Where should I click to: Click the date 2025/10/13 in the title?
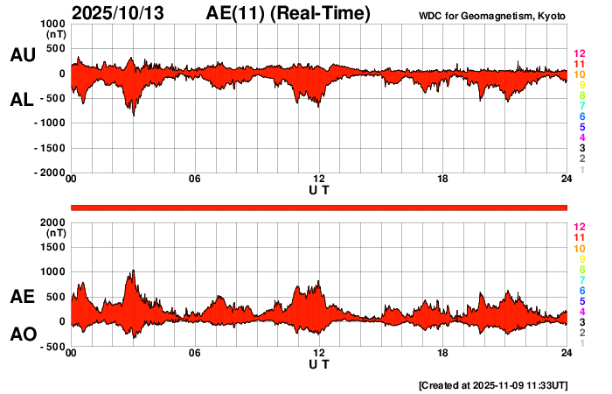[x=123, y=13]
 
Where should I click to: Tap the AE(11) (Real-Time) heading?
[x=289, y=13]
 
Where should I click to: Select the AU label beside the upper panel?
[x=22, y=55]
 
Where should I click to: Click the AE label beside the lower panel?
[x=22, y=297]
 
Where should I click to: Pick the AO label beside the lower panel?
[x=22, y=334]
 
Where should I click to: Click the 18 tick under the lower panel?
[x=443, y=353]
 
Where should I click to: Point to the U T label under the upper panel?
[x=319, y=189]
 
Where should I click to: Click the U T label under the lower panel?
[x=319, y=363]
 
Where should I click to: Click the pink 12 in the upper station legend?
[x=578, y=53]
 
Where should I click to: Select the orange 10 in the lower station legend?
[x=578, y=248]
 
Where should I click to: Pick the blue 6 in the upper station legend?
[x=581, y=116]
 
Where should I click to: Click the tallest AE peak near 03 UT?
[x=133, y=271]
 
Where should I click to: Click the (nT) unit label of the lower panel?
[x=55, y=234]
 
